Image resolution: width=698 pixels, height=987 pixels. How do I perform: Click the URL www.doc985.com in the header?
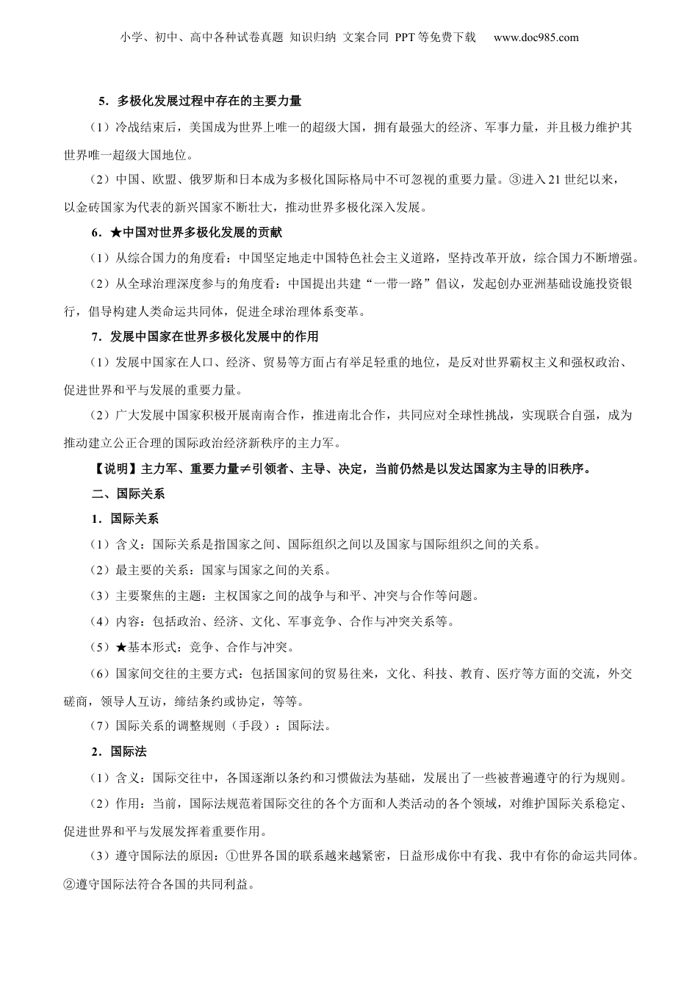536,37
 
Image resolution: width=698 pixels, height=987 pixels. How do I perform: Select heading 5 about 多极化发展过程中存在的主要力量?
201,101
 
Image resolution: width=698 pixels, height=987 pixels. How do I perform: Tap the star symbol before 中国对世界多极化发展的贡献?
117,232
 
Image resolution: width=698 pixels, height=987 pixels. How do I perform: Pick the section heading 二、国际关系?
123,494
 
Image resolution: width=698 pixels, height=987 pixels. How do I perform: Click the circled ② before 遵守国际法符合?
70,883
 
